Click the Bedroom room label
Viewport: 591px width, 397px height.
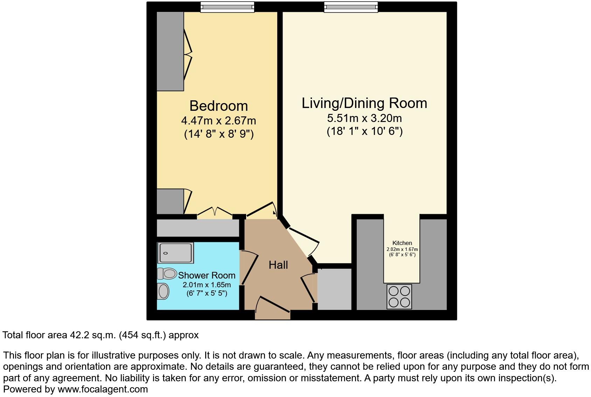pyautogui.click(x=218, y=106)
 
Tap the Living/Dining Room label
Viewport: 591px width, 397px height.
pyautogui.click(x=364, y=103)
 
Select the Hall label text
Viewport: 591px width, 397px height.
pyautogui.click(x=278, y=265)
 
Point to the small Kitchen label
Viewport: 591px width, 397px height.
pyautogui.click(x=402, y=243)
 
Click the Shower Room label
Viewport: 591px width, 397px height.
pyautogui.click(x=207, y=275)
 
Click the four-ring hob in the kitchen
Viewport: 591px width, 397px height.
pyautogui.click(x=399, y=296)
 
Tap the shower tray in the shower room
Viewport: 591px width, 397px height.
pyautogui.click(x=175, y=253)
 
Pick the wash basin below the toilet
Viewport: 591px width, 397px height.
pyautogui.click(x=163, y=291)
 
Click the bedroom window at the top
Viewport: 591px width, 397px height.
pyautogui.click(x=227, y=7)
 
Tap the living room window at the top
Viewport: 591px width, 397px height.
pyautogui.click(x=351, y=7)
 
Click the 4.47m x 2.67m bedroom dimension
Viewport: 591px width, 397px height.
pyautogui.click(x=218, y=121)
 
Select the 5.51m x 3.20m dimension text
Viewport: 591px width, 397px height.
pyautogui.click(x=364, y=118)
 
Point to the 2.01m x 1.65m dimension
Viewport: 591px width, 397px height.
pyautogui.click(x=207, y=285)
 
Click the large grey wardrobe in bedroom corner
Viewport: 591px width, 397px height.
pyautogui.click(x=170, y=51)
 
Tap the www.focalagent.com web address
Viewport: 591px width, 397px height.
pyautogui.click(x=103, y=389)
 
